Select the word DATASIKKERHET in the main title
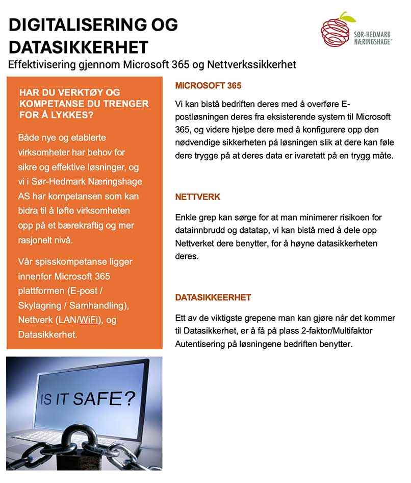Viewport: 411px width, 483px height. point(79,47)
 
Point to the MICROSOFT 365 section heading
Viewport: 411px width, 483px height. point(208,86)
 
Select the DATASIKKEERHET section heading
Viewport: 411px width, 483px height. point(213,297)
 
